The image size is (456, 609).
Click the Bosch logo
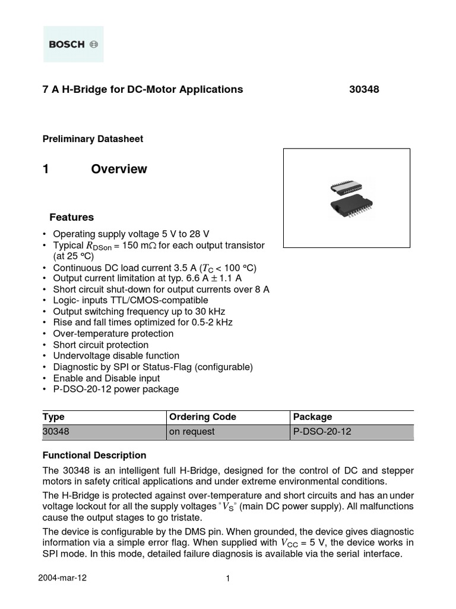pos(73,45)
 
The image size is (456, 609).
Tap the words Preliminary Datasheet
pos(93,139)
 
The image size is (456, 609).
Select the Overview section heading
pos(119,169)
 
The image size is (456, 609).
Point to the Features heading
pos(71,217)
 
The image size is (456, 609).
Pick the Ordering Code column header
pos(202,417)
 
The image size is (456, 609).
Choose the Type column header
pos(54,417)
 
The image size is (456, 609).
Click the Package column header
pos(313,417)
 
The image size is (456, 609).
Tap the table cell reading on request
pos(192,432)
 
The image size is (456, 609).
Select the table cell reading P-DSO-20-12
pos(322,432)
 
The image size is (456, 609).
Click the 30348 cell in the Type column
pos(57,432)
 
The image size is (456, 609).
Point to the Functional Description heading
pos(94,455)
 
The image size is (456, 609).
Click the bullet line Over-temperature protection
pos(113,334)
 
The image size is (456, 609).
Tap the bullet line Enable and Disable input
pos(115,378)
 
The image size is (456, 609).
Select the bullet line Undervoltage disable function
pos(121,356)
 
